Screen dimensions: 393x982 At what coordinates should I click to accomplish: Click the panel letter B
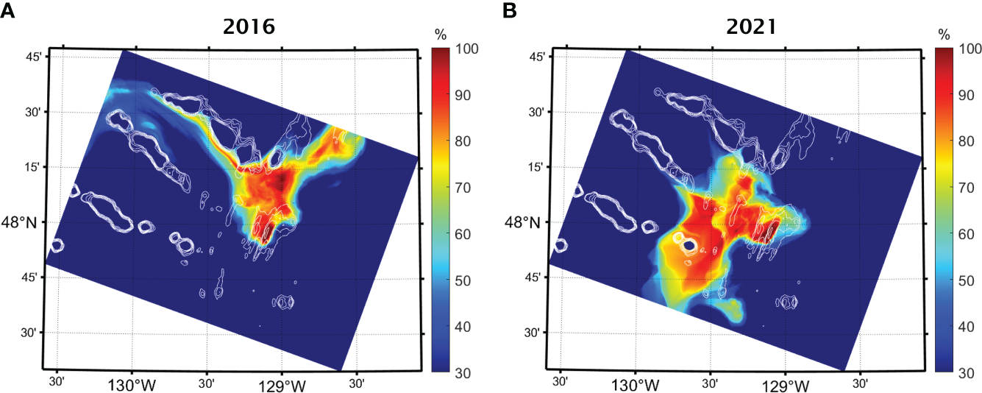[511, 10]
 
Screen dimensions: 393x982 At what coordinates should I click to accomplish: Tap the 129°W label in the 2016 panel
[282, 385]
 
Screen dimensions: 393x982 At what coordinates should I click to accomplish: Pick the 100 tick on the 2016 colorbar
[469, 49]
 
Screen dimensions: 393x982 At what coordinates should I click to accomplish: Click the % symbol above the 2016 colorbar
[441, 35]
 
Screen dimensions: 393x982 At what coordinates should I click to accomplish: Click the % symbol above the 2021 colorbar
[944, 35]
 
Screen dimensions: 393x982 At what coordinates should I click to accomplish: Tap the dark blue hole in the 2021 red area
[689, 244]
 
